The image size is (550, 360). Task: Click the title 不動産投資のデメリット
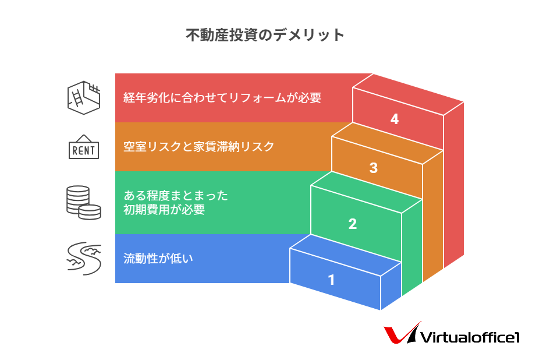265,35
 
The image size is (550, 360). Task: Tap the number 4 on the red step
395,119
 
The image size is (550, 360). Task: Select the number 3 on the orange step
374,168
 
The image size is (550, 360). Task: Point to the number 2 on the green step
353,224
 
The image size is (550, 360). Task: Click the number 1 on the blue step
331,280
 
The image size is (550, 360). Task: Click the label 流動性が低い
158,259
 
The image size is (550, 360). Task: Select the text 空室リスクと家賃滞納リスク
198,146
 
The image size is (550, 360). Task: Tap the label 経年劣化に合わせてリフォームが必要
222,98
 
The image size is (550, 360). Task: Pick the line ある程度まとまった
176,195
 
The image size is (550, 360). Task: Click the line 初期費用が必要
164,210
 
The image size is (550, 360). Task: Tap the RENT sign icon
83,147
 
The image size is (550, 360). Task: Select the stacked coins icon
83,203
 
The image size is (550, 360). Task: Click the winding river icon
84,259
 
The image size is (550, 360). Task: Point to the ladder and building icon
83,98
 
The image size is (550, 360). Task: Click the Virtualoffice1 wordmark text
470,337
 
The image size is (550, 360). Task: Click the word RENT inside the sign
83,151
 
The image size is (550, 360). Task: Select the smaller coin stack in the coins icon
90,212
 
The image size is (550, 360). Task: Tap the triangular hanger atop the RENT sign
83,139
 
